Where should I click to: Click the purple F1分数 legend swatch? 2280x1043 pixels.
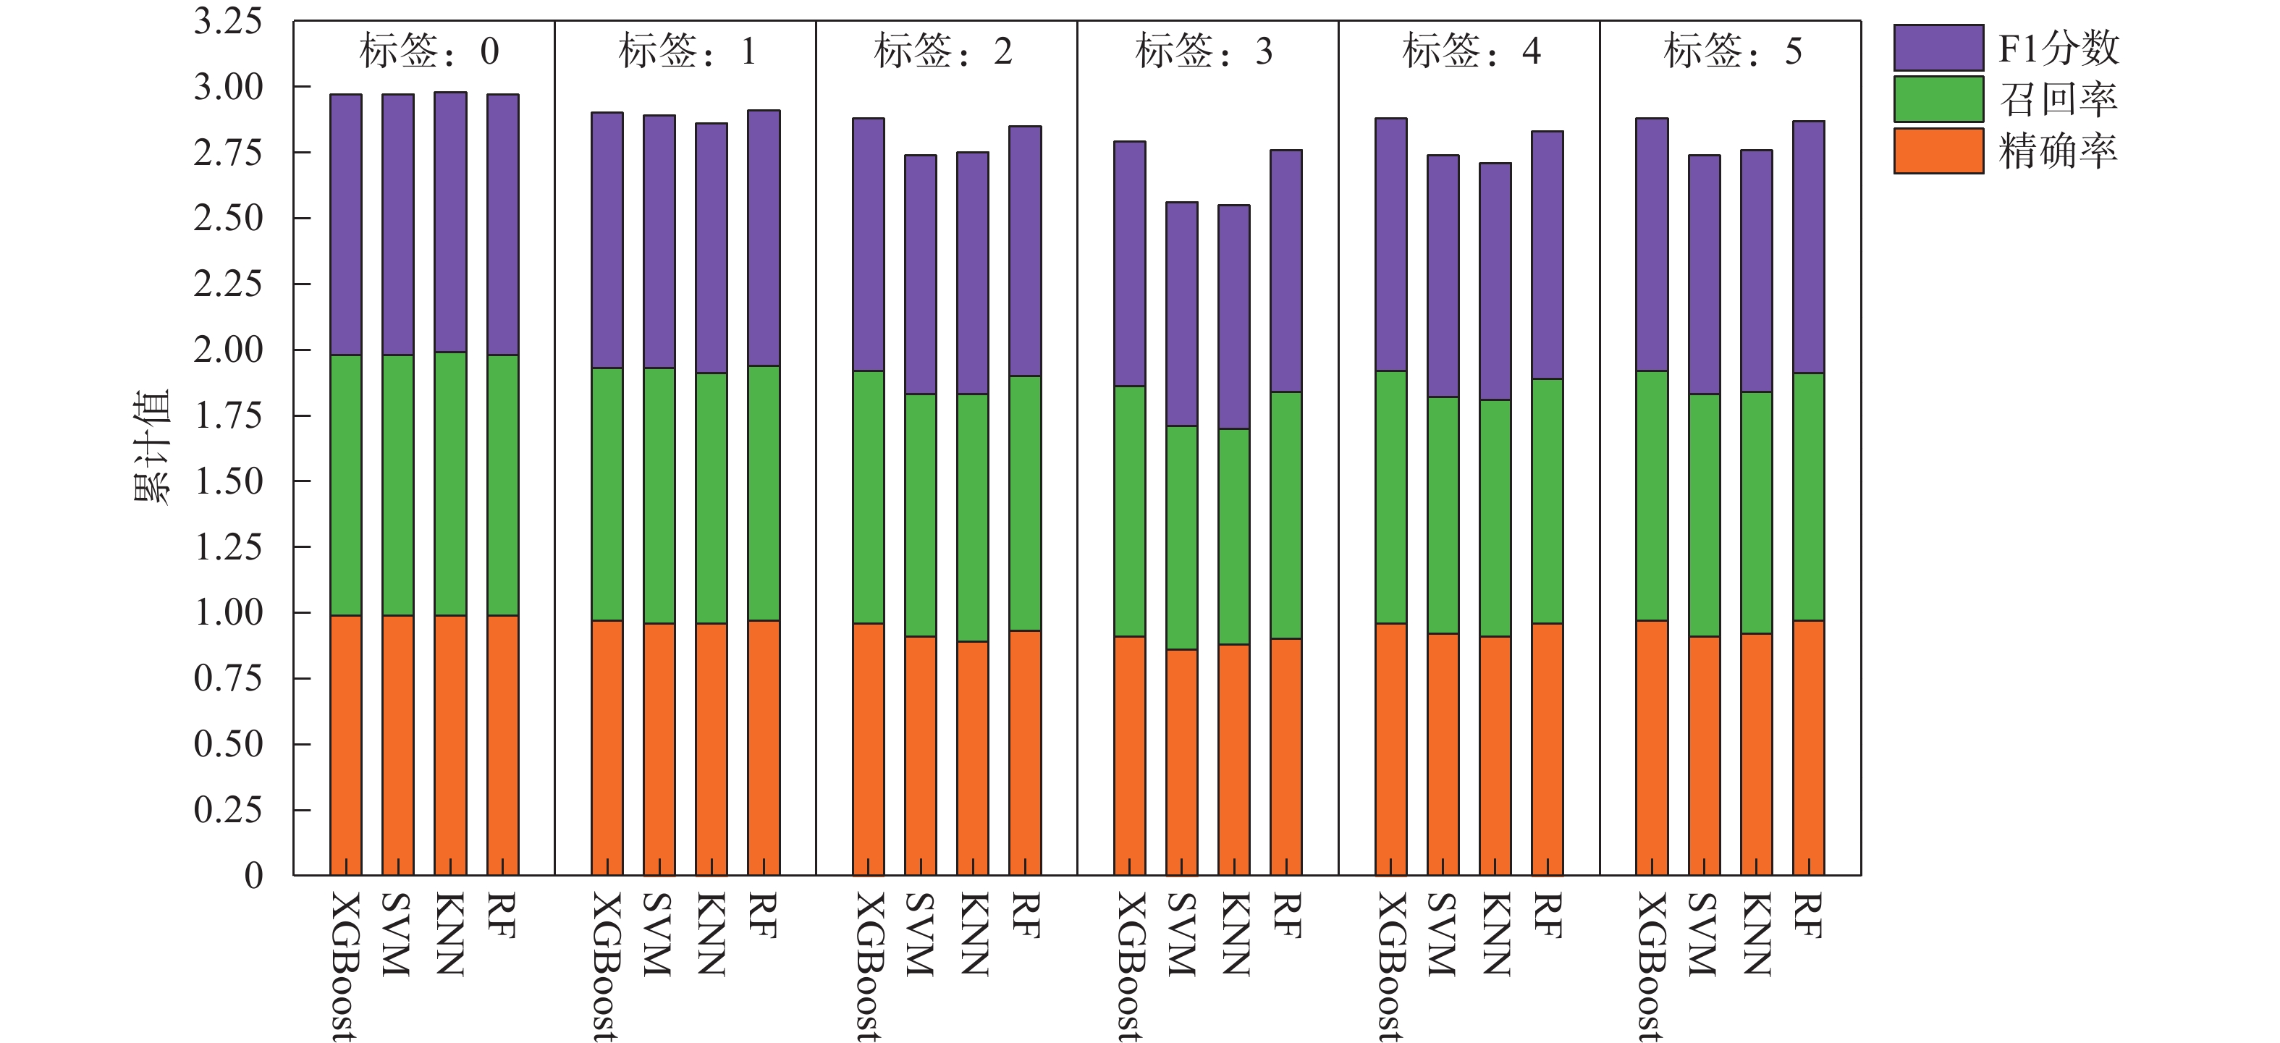[1938, 48]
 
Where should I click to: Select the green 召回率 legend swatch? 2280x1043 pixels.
[1938, 99]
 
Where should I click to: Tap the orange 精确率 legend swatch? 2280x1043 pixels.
[1938, 151]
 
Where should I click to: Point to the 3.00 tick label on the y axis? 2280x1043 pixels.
[228, 88]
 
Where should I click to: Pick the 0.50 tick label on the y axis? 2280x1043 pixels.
[228, 744]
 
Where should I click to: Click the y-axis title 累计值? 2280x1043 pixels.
[151, 447]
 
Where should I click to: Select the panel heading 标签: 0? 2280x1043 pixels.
[429, 51]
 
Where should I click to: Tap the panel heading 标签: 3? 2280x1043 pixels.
[1204, 51]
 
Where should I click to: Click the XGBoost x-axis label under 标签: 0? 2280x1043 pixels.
[345, 965]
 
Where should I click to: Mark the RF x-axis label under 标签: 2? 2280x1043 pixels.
[1025, 916]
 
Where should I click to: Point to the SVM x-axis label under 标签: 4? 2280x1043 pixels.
[1443, 934]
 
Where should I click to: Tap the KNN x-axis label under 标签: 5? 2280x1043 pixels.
[1757, 934]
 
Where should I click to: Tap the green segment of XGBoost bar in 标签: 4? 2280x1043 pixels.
[1390, 497]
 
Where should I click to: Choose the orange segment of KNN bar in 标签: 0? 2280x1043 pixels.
[450, 745]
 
